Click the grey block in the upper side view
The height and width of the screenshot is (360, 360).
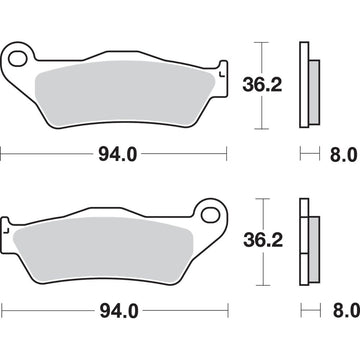[314, 88]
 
